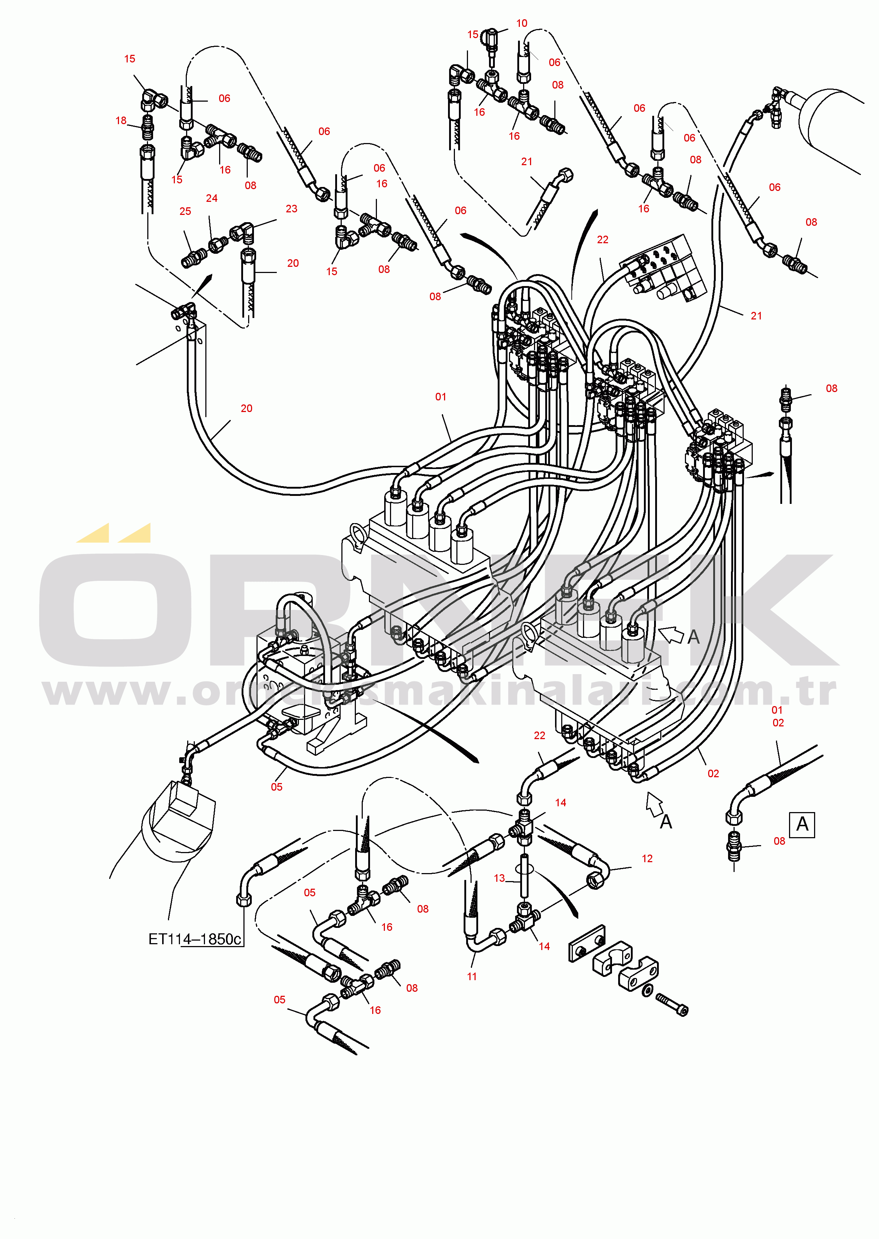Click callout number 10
[x=521, y=23]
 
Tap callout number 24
[x=211, y=199]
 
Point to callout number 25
[x=185, y=212]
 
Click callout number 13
[x=499, y=878]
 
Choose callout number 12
[x=647, y=858]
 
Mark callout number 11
[x=472, y=977]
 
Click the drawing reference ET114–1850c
[x=195, y=939]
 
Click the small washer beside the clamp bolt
[x=646, y=991]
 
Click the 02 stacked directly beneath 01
[x=778, y=723]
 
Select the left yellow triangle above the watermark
[x=93, y=534]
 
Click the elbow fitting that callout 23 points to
[x=242, y=232]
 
